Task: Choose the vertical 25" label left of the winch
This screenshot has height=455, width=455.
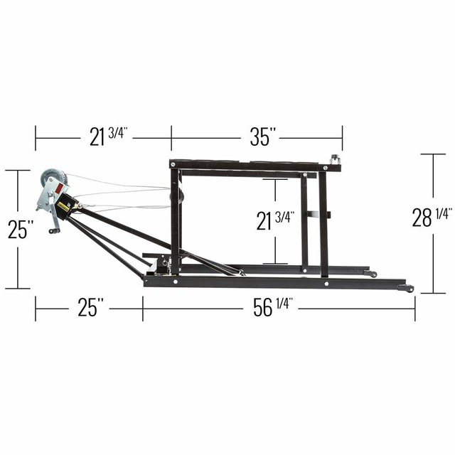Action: tap(21, 229)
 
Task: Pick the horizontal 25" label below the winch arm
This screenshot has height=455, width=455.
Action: tap(91, 309)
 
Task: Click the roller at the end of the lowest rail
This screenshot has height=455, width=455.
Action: tap(407, 288)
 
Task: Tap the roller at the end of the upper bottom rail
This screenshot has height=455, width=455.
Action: tap(370, 273)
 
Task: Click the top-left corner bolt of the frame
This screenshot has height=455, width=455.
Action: tap(175, 165)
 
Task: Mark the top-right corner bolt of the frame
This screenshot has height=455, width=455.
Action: tap(326, 168)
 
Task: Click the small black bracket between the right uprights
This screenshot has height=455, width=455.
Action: tap(314, 214)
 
